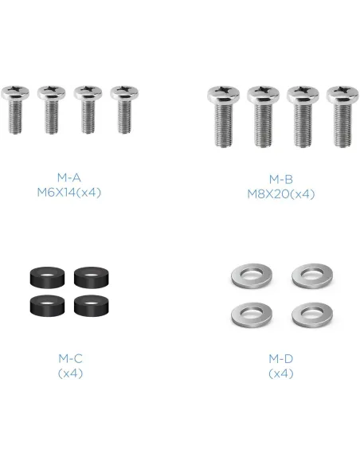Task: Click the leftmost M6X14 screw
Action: pyautogui.click(x=15, y=109)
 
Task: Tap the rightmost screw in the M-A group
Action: pyautogui.click(x=124, y=109)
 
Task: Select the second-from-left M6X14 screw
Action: pyautogui.click(x=52, y=109)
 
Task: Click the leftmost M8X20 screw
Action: pyautogui.click(x=223, y=116)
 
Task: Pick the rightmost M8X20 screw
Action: pyautogui.click(x=342, y=116)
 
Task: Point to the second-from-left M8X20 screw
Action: pyautogui.click(x=263, y=116)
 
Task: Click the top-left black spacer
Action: pyautogui.click(x=47, y=278)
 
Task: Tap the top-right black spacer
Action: pyautogui.click(x=92, y=278)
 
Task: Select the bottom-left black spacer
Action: pyautogui.click(x=47, y=306)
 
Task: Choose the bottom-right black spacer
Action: pyautogui.click(x=92, y=306)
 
